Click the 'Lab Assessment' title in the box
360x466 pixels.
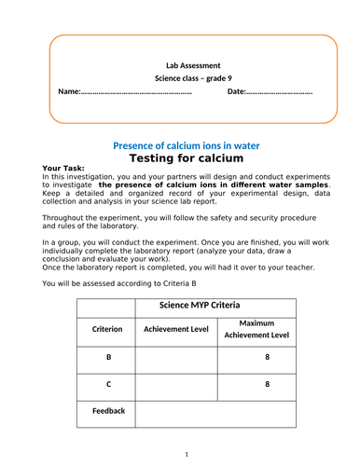tap(193, 65)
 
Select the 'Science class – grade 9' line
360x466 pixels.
tap(193, 79)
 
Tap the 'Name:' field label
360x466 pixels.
tap(69, 92)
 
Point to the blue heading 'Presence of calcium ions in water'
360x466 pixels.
tap(186, 146)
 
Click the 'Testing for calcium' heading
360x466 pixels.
tap(186, 159)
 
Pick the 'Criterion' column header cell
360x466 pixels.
tap(107, 330)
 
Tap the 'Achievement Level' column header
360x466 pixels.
tap(176, 330)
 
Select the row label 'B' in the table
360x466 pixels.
tap(107, 357)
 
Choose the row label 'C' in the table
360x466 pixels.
tap(107, 383)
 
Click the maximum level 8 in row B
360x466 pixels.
tap(267, 357)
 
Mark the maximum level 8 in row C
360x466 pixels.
tap(267, 383)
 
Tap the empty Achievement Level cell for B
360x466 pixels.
tap(176, 357)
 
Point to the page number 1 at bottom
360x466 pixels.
tap(186, 454)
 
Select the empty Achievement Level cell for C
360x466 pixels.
tap(176, 383)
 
